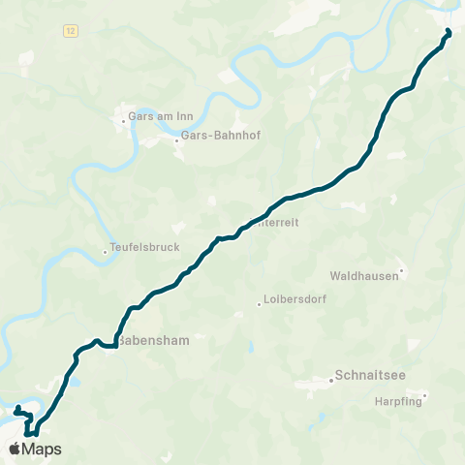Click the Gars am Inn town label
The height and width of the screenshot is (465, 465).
click(x=161, y=117)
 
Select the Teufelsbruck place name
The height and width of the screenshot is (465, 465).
click(x=145, y=247)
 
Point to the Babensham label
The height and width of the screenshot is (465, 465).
click(x=153, y=341)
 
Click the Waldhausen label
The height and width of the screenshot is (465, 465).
click(x=364, y=275)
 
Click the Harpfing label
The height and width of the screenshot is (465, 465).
click(x=399, y=401)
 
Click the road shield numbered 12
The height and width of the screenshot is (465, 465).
click(x=71, y=31)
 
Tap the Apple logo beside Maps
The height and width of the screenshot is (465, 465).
click(x=14, y=449)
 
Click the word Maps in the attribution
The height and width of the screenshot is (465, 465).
click(x=42, y=449)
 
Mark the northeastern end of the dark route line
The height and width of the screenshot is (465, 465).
click(x=449, y=32)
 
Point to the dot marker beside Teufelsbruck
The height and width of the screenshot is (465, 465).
click(x=106, y=253)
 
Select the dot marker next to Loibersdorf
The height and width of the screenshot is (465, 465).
click(x=259, y=304)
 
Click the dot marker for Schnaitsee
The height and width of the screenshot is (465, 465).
click(x=330, y=380)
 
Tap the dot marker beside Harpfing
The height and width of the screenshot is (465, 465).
click(x=424, y=395)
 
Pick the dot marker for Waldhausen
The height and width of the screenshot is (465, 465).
click(x=402, y=271)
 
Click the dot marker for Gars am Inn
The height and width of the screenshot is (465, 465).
click(x=123, y=122)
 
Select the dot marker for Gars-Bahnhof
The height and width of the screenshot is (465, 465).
click(x=176, y=141)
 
